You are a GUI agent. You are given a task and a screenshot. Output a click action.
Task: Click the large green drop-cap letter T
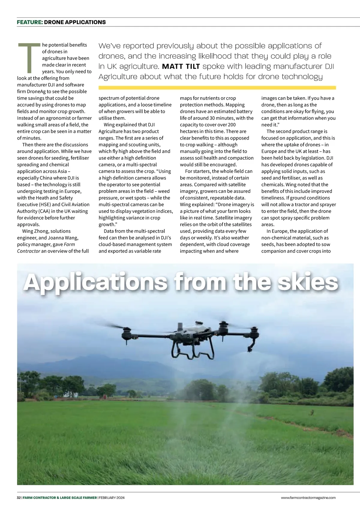29,58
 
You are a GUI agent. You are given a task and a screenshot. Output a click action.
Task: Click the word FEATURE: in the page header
30,22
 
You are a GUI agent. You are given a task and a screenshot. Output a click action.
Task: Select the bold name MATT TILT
181,66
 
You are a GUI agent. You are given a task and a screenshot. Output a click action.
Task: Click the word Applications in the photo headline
95,282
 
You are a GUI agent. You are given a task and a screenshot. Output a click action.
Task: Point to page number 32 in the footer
19,498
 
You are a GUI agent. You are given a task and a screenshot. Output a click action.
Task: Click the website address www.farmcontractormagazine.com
308,498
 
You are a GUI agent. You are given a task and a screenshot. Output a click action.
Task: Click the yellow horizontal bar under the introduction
217,88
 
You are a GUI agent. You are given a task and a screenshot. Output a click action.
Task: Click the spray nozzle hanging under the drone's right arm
250,348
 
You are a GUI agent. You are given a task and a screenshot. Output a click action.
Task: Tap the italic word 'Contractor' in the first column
28,251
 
